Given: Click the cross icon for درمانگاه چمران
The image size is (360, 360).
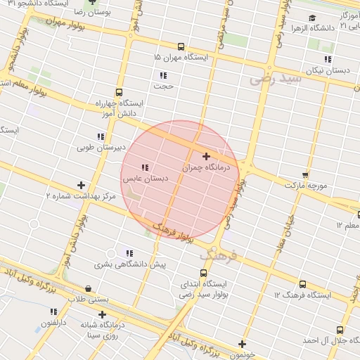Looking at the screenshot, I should point(205,156).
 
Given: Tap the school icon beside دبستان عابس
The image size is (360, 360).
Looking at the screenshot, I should point(144,167).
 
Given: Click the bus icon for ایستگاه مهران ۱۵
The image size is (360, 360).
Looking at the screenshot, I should point(181,45).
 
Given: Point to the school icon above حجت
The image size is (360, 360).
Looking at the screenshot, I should point(163,75).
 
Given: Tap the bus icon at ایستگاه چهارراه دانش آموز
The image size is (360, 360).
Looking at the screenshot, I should point(118,91).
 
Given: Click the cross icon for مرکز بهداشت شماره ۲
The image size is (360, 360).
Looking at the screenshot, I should point(82,185).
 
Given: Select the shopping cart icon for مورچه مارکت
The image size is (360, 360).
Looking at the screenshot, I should point(304,174).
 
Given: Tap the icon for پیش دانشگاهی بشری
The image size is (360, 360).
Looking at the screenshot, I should point(129,252).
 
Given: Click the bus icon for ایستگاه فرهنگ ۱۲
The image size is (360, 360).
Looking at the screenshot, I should point(302,284).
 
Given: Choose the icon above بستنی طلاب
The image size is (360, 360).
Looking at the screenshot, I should point(88,288).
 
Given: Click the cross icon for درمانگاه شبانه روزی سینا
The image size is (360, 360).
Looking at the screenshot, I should point(103,314).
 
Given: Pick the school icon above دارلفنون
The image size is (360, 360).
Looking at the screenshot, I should point(53,311).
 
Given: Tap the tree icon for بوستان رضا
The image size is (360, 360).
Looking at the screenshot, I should point(89,3).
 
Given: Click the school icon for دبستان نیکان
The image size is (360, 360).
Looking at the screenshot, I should point(327,59).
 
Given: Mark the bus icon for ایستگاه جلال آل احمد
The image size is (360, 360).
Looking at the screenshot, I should point(340,328).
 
